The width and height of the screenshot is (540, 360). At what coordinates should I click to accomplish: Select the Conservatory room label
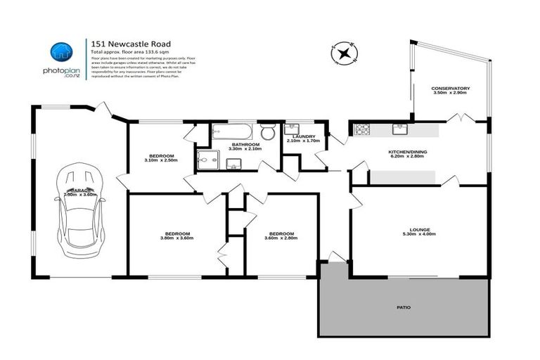451,89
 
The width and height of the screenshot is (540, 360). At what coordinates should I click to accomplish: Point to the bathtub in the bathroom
231,131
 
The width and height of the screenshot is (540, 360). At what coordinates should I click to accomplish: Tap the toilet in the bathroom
267,132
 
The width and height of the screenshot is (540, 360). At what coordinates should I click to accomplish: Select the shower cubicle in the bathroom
208,161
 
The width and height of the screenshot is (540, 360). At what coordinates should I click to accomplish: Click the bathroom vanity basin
234,165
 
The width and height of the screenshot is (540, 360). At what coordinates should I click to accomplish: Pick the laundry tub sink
292,129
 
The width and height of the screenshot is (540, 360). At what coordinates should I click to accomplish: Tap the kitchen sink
399,129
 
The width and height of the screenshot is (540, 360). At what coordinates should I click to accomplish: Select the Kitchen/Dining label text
408,152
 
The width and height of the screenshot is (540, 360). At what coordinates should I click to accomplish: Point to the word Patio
403,308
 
